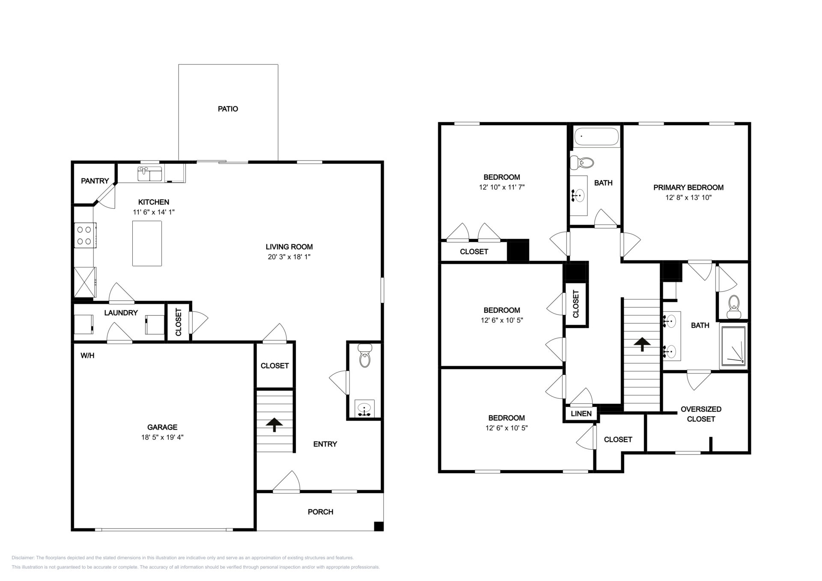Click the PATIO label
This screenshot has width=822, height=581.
[x=228, y=109]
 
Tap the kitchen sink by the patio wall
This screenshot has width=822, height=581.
[x=149, y=174]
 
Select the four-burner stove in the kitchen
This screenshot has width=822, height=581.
[x=85, y=235]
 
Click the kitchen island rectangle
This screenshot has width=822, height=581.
[x=147, y=243]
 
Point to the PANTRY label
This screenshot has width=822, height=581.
[x=95, y=181]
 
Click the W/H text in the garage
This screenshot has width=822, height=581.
[x=87, y=356]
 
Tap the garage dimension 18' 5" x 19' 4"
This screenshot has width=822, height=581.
[x=162, y=437]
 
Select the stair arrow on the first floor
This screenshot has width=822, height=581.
[x=274, y=425]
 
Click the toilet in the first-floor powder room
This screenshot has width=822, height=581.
[x=364, y=356]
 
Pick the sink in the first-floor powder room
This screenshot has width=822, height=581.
[x=364, y=409]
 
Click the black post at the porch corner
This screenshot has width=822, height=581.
[x=378, y=526]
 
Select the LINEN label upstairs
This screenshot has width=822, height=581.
[x=581, y=414]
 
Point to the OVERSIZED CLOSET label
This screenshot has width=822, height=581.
[x=701, y=414]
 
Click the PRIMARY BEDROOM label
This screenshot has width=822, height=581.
[x=688, y=187]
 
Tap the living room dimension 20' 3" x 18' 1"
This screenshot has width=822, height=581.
[x=289, y=257]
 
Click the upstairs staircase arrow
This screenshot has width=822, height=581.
[x=642, y=344]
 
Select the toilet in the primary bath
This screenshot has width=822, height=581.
[x=734, y=306]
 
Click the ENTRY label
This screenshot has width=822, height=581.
[x=325, y=444]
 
